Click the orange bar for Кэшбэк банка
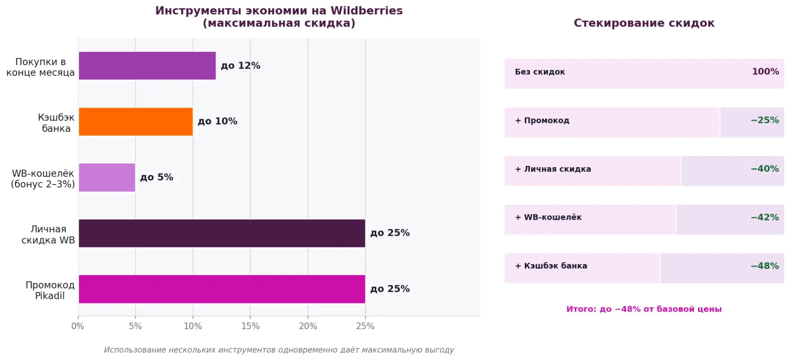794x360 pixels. click(x=136, y=122)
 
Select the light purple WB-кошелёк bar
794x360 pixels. click(x=107, y=178)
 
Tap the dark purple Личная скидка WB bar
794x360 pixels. click(x=222, y=233)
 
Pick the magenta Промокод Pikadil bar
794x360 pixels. click(x=222, y=289)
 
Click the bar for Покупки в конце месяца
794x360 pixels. click(x=147, y=66)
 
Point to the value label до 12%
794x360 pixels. click(x=240, y=66)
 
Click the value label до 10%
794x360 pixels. click(x=217, y=122)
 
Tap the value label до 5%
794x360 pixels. click(x=156, y=178)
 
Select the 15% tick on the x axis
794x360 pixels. click(x=250, y=326)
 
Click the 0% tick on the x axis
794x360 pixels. click(x=78, y=326)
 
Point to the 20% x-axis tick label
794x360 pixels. click(x=308, y=326)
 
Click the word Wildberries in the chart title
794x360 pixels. click(x=366, y=11)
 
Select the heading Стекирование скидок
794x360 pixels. click(x=644, y=23)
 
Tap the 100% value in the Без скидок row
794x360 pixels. click(x=765, y=72)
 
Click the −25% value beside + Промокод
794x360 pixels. click(x=765, y=120)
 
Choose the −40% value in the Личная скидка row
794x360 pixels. click(x=765, y=169)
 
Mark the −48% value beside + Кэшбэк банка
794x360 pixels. click(x=765, y=266)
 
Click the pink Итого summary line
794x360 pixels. click(x=644, y=309)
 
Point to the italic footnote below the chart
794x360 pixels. click(x=279, y=350)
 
